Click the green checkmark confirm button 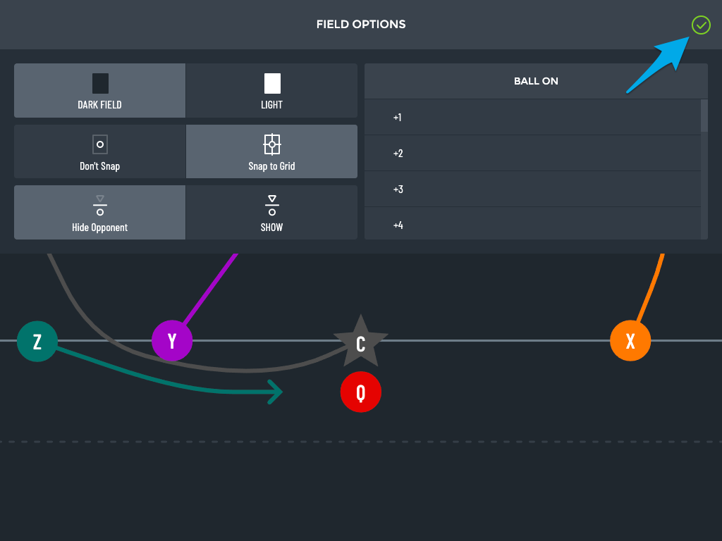click(701, 25)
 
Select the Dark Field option click(100, 91)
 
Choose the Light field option click(271, 91)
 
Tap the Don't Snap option click(100, 151)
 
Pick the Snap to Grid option click(271, 151)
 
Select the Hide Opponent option click(100, 213)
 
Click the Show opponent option click(271, 213)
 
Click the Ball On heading click(536, 81)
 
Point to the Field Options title click(361, 25)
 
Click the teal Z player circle click(37, 342)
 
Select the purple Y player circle click(172, 341)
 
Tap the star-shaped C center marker click(360, 342)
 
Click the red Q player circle click(360, 392)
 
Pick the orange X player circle click(630, 341)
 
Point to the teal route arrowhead click(276, 392)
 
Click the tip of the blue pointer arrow click(690, 37)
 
